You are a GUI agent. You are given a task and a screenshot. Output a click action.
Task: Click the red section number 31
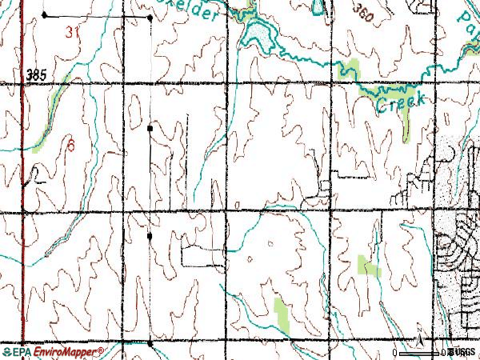click(x=74, y=33)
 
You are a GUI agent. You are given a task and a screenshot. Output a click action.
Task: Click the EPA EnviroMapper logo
click(x=53, y=352)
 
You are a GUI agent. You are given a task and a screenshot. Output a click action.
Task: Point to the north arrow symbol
click(x=419, y=340)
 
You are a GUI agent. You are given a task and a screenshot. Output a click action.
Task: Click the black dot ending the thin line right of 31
click(x=150, y=16)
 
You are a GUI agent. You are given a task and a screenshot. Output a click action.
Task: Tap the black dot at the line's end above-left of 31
click(x=43, y=15)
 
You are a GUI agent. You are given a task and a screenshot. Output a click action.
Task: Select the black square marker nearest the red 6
click(x=150, y=127)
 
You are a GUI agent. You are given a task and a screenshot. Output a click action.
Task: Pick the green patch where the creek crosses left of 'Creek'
click(x=354, y=70)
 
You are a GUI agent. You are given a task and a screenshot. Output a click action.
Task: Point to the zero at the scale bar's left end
click(x=394, y=353)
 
